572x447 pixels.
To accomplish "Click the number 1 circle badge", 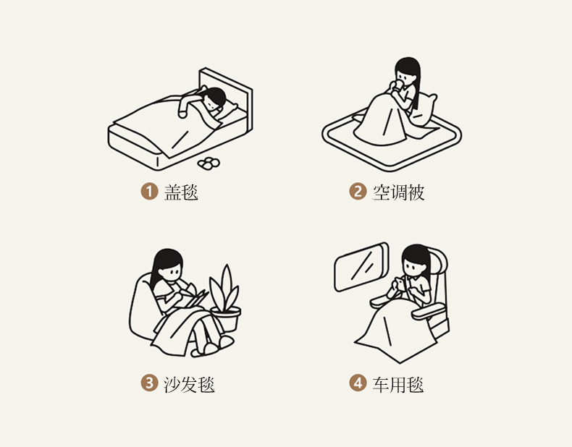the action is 149,191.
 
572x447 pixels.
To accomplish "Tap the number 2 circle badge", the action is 358,191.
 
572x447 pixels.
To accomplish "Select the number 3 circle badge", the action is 149,383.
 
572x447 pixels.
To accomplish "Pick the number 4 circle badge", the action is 358,383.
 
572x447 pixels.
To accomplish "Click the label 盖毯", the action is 181,192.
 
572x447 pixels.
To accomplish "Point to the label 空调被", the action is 398,192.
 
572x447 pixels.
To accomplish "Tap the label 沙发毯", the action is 189,384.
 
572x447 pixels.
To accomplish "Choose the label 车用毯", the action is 398,384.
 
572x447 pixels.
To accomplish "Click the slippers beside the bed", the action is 209,163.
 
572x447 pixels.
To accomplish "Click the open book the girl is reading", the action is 195,297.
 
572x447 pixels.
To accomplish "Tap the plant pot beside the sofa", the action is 226,319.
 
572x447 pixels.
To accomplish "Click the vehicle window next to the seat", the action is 361,267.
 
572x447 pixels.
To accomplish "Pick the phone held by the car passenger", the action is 401,283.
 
